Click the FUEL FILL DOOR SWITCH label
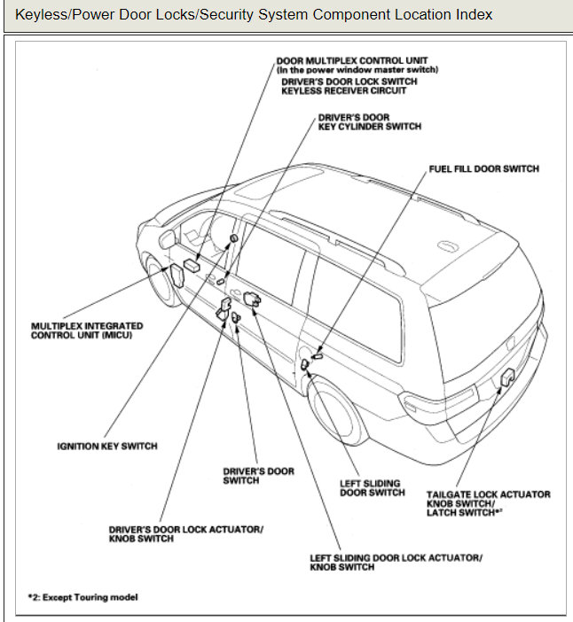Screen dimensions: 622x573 [x=483, y=168]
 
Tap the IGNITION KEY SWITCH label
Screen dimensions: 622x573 [x=106, y=446]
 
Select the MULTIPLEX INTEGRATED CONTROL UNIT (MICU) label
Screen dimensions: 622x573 [x=87, y=330]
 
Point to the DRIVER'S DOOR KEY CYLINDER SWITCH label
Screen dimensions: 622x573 [x=369, y=121]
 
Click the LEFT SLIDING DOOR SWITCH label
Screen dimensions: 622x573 [x=373, y=488]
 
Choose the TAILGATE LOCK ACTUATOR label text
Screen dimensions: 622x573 [x=488, y=494]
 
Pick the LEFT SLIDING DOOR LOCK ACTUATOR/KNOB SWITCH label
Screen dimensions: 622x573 [x=396, y=562]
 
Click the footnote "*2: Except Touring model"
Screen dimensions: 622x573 [x=82, y=597]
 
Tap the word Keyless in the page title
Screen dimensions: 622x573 [x=42, y=15]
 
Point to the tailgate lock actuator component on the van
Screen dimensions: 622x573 [x=508, y=377]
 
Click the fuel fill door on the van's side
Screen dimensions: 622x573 [x=306, y=363]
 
